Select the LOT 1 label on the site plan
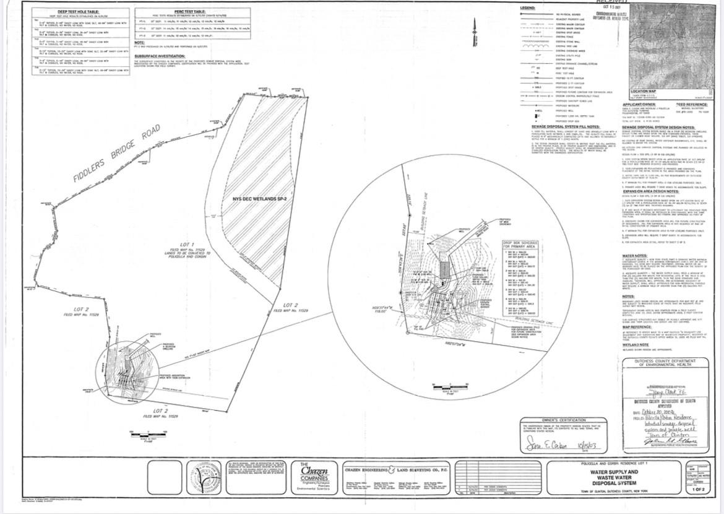(188, 245)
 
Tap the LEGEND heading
(528, 8)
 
